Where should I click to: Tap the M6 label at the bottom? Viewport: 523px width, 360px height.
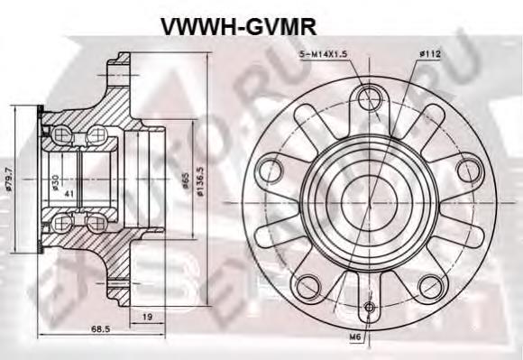359,338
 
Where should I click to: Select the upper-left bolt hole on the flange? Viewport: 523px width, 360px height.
270,167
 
